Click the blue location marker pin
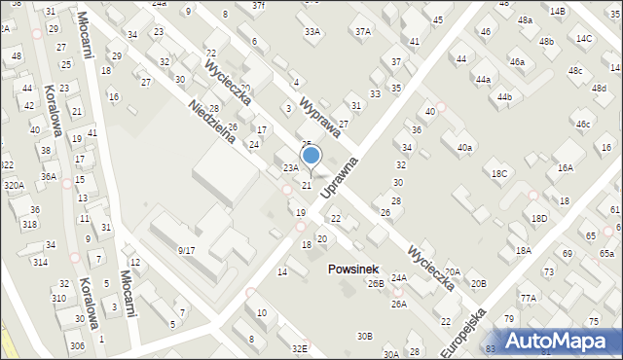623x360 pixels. point(311,156)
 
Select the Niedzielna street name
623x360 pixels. point(214,125)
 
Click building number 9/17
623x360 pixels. point(186,250)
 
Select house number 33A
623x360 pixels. point(311,31)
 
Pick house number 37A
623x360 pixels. point(362,31)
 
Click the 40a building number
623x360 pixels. point(464,148)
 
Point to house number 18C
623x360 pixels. point(499,173)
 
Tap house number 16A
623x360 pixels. point(566,168)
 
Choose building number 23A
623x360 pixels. point(290,168)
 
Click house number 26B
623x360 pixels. point(376,284)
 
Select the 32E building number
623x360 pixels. point(299,348)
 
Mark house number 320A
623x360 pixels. point(13,185)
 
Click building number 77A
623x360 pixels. point(528,298)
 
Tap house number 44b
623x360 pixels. point(503,97)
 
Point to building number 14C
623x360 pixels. point(583,39)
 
